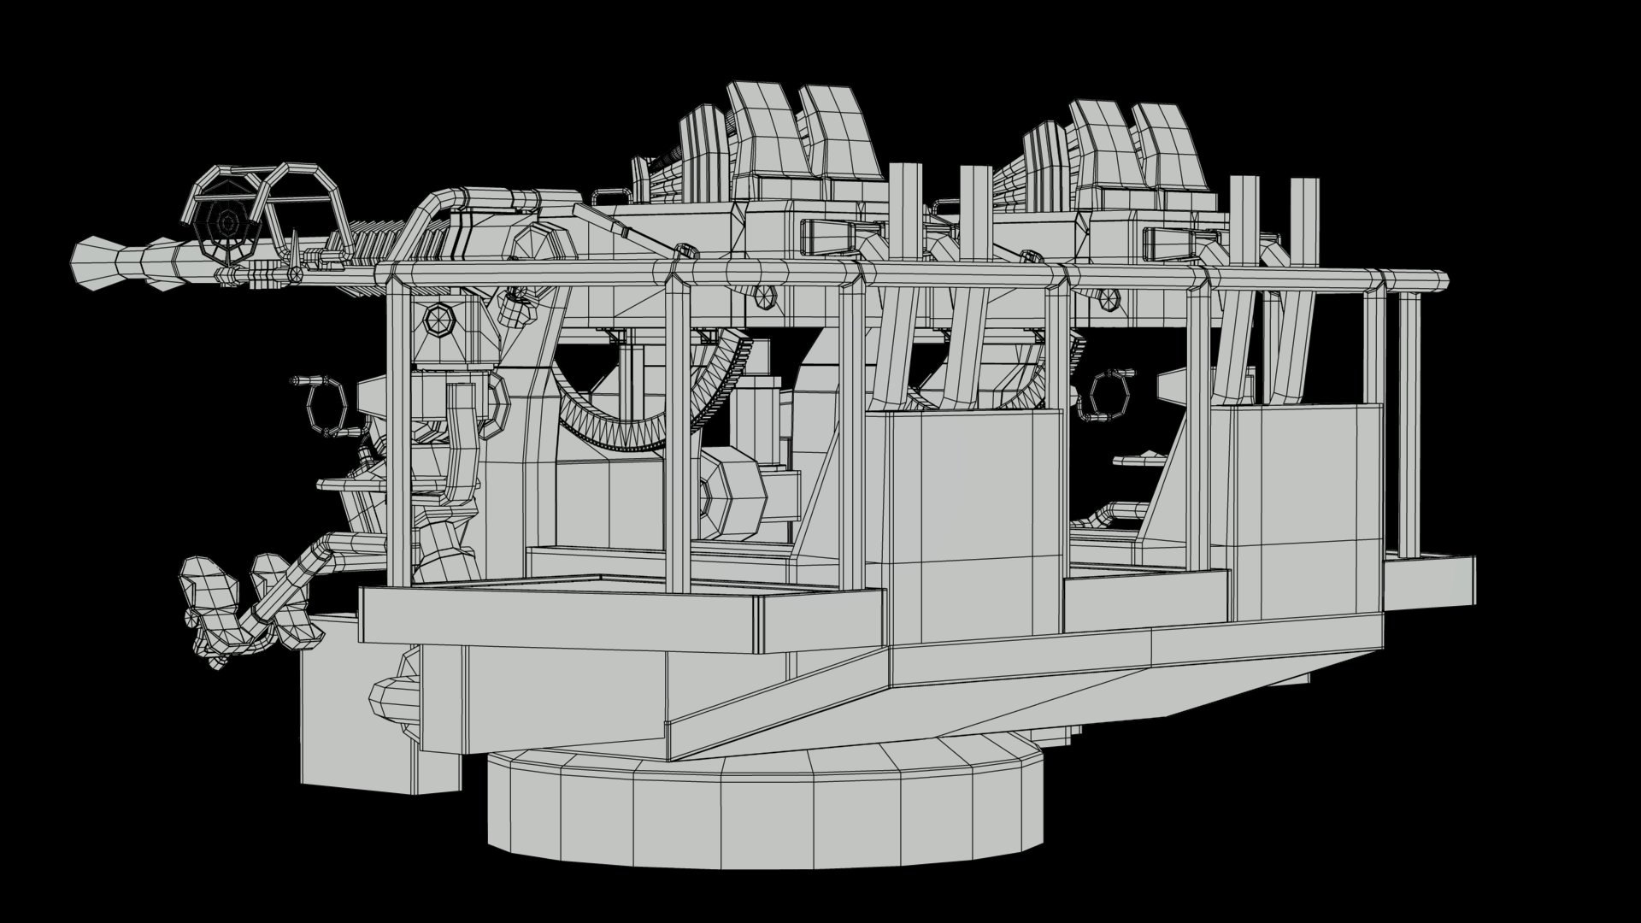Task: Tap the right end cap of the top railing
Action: click(x=1442, y=279)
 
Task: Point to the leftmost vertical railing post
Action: click(x=397, y=427)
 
